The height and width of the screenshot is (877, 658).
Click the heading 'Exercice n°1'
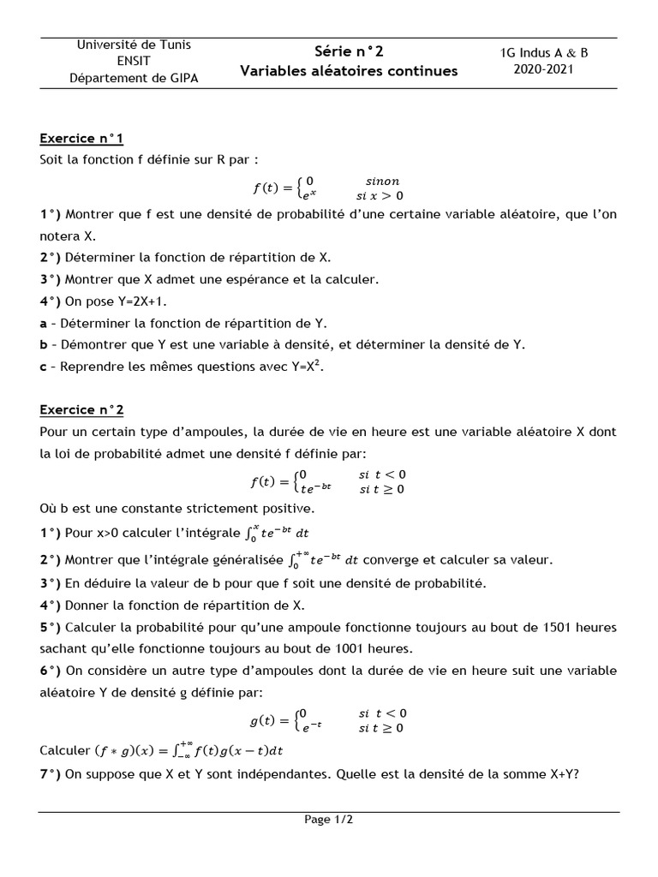tap(81, 138)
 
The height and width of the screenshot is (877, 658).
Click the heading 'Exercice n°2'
tap(81, 410)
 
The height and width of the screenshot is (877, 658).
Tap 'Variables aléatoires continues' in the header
tap(349, 71)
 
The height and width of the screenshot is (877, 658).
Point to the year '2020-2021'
tap(543, 69)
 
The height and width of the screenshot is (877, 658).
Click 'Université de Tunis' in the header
tap(134, 45)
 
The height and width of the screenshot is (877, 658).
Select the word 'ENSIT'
tap(134, 61)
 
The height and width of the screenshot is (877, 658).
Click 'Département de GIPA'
tap(134, 78)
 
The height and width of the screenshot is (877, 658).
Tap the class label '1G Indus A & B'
tap(544, 52)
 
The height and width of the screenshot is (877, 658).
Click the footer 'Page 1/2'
tap(329, 820)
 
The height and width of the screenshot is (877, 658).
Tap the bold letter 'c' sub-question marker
tap(43, 367)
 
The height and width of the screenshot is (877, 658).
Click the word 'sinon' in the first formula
tap(382, 181)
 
